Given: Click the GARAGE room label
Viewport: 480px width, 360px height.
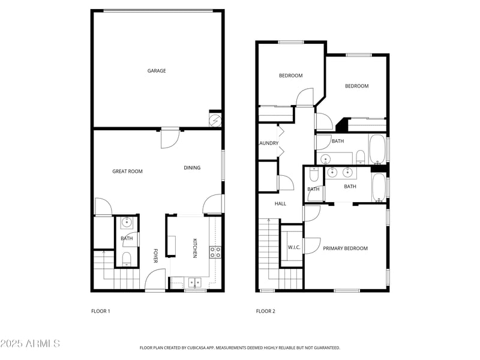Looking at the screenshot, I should coord(157,71).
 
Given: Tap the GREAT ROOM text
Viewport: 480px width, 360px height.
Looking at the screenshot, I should coord(127,172).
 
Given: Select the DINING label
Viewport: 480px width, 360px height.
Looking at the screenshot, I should coord(192,168).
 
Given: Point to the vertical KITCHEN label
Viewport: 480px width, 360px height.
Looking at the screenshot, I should coord(194,248).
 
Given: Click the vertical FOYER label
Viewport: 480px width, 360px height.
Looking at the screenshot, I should coord(155,256).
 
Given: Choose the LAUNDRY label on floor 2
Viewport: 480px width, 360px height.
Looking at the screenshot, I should coord(268,143).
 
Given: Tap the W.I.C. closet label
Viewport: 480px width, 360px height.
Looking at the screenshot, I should coord(294,247).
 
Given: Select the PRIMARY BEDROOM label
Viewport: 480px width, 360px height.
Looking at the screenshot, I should coord(345,248).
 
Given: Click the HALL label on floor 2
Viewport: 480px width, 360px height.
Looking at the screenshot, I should coord(280,204).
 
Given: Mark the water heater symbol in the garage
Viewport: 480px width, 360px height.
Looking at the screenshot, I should coord(215,119).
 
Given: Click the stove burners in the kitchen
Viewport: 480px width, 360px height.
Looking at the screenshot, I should coord(215,252).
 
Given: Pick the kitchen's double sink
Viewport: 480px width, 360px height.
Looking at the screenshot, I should coord(194,281).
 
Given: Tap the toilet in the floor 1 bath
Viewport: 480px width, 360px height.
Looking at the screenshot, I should coord(126,259).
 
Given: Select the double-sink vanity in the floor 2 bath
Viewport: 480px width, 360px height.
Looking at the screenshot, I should coord(341,173).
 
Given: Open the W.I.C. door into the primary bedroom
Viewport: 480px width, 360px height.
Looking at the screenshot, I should coord(310,245).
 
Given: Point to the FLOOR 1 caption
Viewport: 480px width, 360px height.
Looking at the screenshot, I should coord(100,311).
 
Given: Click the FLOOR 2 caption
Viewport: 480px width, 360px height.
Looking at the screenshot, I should coord(265,311).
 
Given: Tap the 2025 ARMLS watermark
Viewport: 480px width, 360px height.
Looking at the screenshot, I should coord(30,344).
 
